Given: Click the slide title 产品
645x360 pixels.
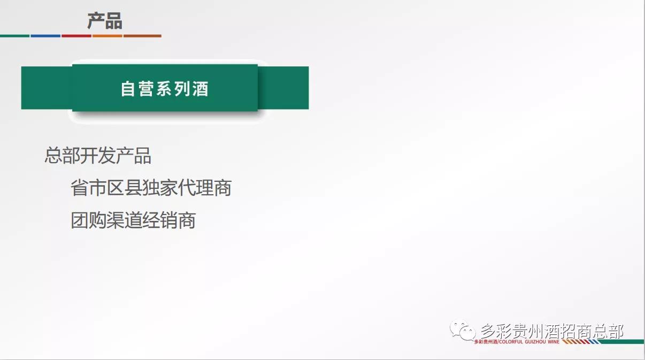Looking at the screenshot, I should coord(105,21).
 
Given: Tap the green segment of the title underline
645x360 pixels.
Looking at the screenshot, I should coord(14,36).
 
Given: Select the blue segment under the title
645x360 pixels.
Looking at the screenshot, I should coord(45,36).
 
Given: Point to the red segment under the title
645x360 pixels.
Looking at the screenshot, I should coord(76,36).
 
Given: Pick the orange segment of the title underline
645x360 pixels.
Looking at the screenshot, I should coord(107,36).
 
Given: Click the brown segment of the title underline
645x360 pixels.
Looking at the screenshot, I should coord(142,36).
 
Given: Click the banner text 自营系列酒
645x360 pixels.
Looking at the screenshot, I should coord(164,88).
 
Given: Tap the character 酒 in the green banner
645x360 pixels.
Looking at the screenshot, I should coord(200,88).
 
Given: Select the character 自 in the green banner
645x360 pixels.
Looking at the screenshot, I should coord(128,88).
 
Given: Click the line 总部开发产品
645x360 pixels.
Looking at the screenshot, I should coord(98,156).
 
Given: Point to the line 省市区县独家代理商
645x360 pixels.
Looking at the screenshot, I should coord(151,188).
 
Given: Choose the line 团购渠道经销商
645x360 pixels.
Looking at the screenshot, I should coord(133,220).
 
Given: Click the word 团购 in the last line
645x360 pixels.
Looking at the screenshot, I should coord(88,220).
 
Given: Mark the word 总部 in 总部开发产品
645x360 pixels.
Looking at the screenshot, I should coord(62,156).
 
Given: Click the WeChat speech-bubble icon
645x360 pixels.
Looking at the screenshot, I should coord(462,330).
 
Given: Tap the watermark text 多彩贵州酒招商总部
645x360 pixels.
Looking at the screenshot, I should coord(551,331).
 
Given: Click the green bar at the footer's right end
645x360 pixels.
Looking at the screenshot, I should coord(626,341).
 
